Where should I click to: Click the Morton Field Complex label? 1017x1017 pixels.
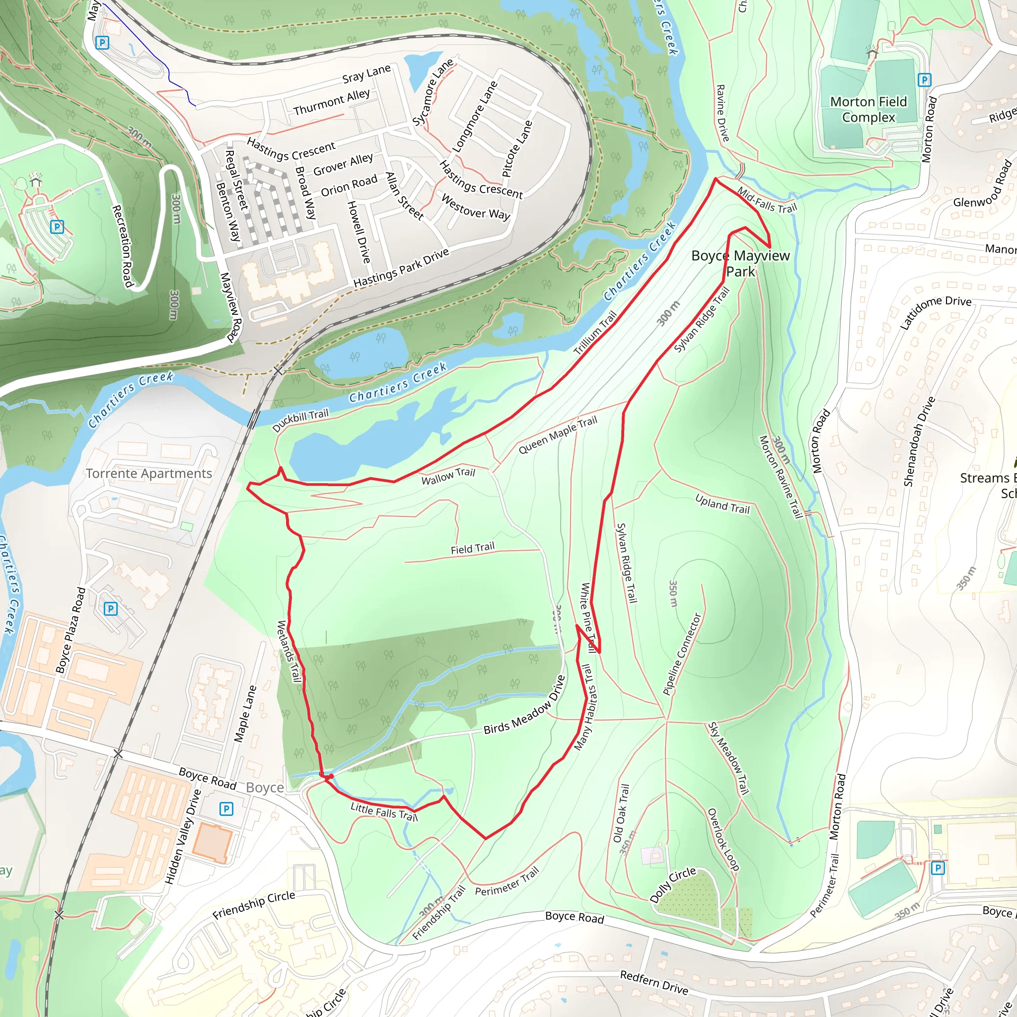869,109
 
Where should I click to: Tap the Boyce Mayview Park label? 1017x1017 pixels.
740,264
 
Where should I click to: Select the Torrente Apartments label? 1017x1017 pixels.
149,474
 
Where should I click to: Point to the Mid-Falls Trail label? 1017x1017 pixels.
767,200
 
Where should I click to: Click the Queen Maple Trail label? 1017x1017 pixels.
558,435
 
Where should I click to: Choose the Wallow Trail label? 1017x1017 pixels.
448,476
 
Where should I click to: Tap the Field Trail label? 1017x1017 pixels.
472,549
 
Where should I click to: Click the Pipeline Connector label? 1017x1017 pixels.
682,654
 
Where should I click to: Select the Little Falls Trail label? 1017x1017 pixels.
384,812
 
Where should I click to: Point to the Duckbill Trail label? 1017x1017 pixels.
300,420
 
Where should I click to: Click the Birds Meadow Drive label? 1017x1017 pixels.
524,705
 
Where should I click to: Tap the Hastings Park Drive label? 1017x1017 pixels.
401,268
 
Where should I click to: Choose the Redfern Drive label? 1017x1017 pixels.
654,982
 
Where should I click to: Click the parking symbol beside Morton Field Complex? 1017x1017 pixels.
924,80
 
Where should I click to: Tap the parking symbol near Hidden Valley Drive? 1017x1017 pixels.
226,808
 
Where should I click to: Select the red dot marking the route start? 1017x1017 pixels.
330,777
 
